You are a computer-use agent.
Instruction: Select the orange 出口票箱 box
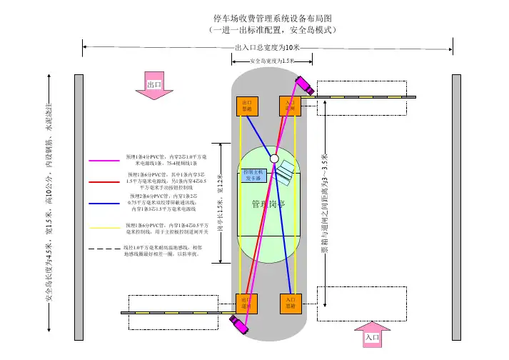(x=247, y=106)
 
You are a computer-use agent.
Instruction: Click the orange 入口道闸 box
(x=289, y=106)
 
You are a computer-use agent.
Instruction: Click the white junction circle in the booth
(x=273, y=159)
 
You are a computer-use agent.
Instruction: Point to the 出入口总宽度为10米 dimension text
(x=268, y=47)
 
